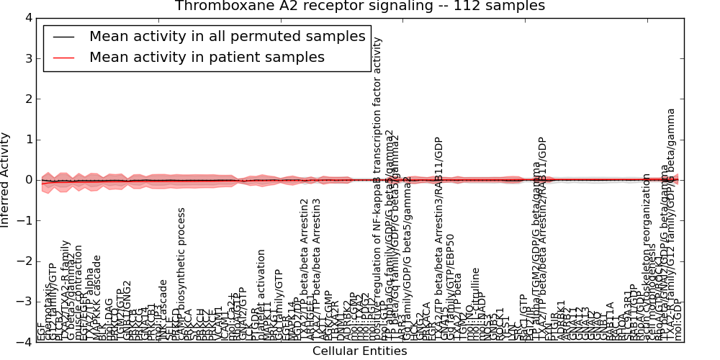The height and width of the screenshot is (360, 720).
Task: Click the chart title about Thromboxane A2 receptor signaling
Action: point(359,6)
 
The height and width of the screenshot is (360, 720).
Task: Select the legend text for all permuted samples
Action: point(228,36)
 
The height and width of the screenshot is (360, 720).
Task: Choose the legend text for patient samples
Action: point(207,57)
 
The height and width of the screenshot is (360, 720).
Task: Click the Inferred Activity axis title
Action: point(6,180)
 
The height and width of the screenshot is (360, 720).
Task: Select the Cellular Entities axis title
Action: point(359,351)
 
